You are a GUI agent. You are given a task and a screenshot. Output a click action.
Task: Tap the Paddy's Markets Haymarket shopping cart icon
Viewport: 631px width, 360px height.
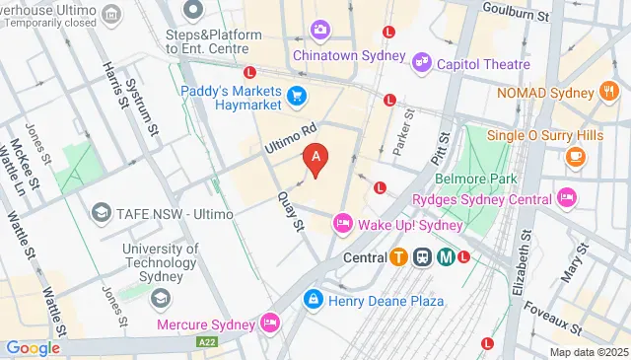click(x=297, y=96)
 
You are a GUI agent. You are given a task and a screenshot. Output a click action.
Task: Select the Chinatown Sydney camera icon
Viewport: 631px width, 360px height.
click(x=319, y=31)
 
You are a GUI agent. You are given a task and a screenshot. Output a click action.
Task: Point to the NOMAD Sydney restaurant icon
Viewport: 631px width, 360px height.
click(x=608, y=93)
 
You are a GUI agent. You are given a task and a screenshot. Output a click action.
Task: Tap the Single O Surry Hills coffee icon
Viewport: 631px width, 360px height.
click(x=575, y=156)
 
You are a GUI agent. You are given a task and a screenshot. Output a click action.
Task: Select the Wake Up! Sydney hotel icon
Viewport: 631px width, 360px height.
click(x=343, y=223)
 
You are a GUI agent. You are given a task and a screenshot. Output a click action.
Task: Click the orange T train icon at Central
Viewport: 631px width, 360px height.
click(x=398, y=257)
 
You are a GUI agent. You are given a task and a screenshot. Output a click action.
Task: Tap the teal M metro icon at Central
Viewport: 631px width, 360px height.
click(x=445, y=257)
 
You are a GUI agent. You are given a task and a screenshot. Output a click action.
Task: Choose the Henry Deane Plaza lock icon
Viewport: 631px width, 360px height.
click(x=312, y=297)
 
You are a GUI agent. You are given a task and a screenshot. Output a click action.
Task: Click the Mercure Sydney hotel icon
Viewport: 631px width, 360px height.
click(x=269, y=323)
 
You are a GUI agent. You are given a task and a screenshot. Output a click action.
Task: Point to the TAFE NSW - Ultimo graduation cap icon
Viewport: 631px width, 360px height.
click(x=101, y=213)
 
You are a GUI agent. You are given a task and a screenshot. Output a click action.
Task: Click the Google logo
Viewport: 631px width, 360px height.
click(x=33, y=348)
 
